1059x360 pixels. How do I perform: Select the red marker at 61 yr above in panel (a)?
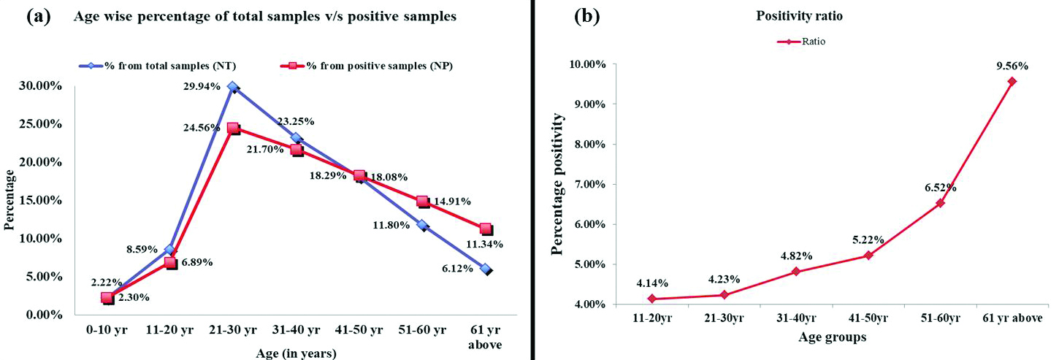[x=486, y=230]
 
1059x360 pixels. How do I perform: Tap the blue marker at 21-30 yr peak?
[x=233, y=87]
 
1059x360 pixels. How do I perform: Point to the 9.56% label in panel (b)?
[x=1012, y=66]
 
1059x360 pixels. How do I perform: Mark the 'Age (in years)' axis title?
[x=296, y=354]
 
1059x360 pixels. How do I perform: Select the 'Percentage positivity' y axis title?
[x=558, y=184]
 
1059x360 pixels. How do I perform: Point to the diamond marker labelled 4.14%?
[x=651, y=299]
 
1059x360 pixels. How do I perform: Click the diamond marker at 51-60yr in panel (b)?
[x=940, y=203]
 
